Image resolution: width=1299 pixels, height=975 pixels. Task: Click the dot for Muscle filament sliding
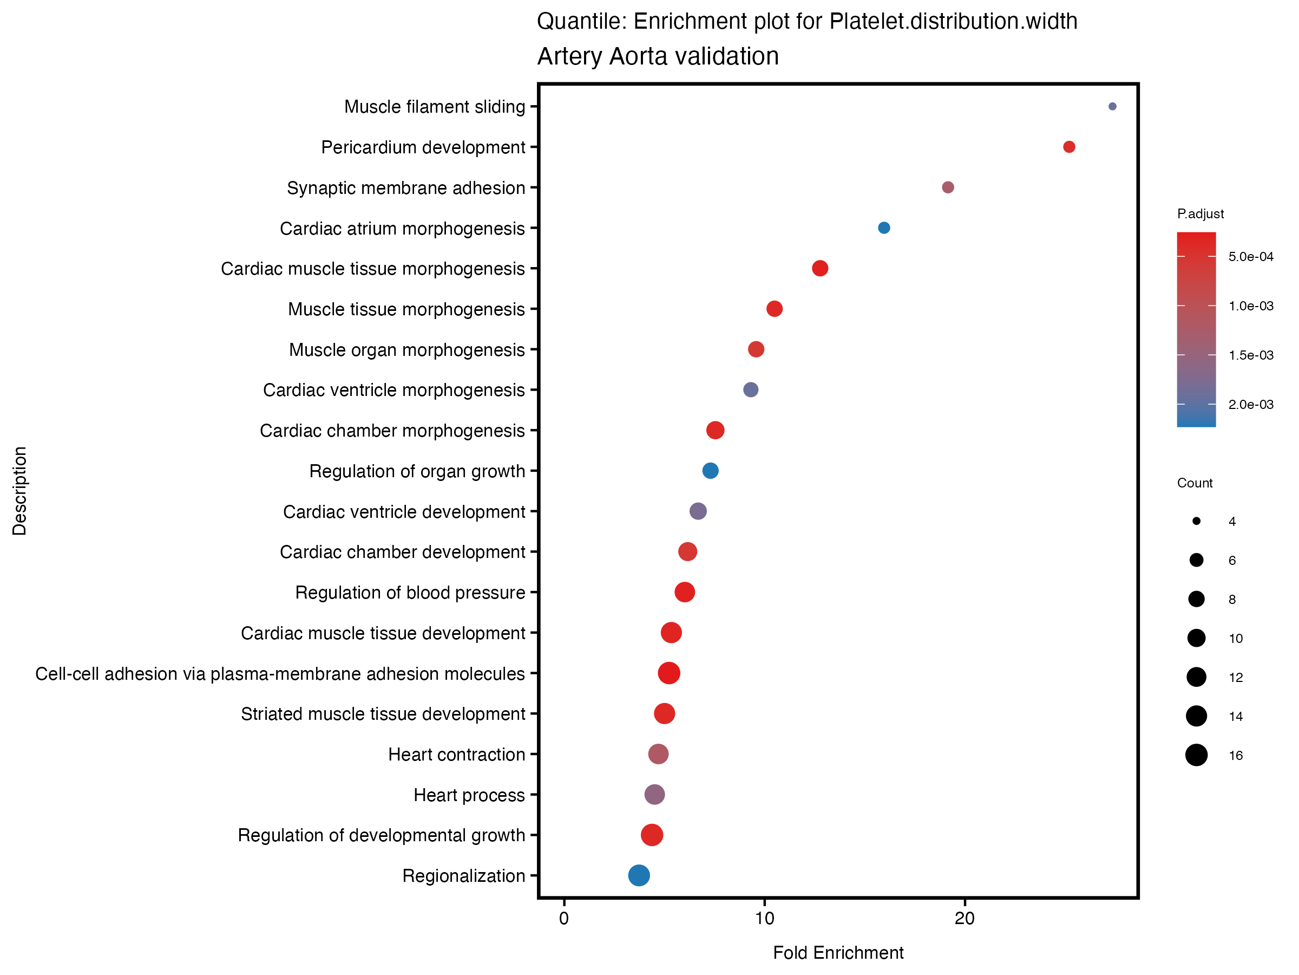[x=1112, y=106]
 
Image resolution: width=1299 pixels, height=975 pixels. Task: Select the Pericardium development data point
[x=1069, y=147]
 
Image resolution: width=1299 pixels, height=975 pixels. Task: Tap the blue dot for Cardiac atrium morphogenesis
[x=884, y=228]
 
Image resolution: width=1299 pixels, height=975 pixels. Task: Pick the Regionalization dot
[x=639, y=875]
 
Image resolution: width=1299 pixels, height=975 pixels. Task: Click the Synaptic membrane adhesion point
[x=948, y=187]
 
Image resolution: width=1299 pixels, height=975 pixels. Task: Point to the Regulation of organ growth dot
[x=711, y=471]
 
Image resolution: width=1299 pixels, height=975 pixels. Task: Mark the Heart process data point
[x=655, y=795]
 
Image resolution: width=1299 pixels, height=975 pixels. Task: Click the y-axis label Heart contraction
[x=456, y=755]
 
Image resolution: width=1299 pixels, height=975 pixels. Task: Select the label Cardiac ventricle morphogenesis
[x=393, y=390]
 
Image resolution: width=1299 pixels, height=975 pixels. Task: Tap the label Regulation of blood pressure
[x=410, y=593]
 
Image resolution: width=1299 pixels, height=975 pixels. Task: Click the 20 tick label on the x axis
[x=965, y=919]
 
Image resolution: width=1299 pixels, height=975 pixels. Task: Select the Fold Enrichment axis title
[x=838, y=953]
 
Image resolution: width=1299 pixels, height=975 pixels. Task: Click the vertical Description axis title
[x=19, y=491]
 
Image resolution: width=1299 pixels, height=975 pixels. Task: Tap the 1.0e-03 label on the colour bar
[x=1251, y=306]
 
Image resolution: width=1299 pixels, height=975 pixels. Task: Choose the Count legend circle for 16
[x=1196, y=755]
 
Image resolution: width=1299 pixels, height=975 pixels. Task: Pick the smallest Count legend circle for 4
[x=1196, y=521]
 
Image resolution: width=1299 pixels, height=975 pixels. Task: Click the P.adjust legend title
[x=1200, y=214]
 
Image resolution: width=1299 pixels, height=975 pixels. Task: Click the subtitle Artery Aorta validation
[x=658, y=56]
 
